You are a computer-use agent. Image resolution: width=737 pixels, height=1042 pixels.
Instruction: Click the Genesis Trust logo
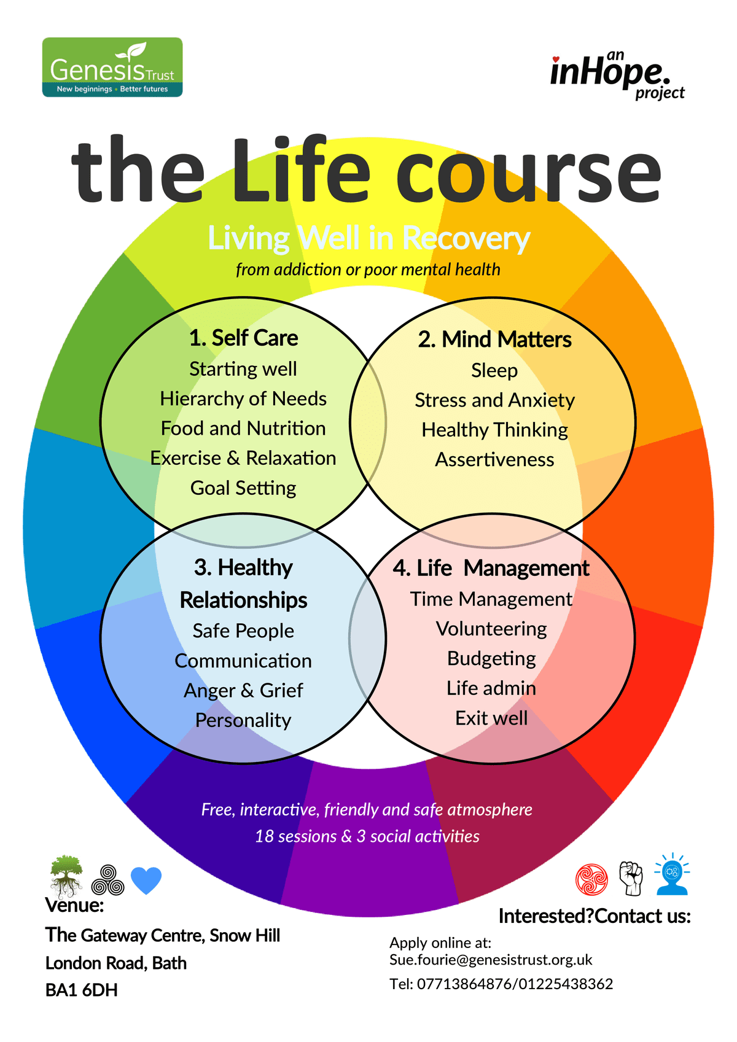coord(112,68)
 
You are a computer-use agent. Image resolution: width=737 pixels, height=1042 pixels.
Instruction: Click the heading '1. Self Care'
coord(243,338)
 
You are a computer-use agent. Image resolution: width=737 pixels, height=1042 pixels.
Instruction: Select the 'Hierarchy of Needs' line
coord(243,399)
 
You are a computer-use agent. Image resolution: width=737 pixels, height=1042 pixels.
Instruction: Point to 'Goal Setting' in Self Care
coord(243,488)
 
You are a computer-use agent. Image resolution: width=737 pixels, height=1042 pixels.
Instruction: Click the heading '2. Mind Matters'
coord(494,340)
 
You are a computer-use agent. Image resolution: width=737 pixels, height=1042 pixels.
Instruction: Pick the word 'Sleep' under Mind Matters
coord(494,371)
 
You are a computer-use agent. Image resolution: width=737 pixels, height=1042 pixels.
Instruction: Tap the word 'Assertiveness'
coord(494,460)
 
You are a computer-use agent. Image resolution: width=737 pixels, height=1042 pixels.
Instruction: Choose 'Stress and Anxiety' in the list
coord(494,400)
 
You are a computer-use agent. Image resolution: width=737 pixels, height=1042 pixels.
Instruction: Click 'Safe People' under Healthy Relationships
coord(243,631)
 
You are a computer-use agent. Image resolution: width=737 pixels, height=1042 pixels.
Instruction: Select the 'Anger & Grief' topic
coord(243,691)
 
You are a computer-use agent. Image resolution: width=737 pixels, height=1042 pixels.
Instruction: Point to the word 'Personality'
coord(243,720)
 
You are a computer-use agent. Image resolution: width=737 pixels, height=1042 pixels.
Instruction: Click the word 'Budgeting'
coord(491,659)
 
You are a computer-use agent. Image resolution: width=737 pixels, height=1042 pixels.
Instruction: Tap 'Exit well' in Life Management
coord(491,718)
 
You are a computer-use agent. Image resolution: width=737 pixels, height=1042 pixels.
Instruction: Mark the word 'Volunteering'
coord(491,629)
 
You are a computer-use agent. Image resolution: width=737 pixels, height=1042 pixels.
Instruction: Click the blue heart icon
coord(146,880)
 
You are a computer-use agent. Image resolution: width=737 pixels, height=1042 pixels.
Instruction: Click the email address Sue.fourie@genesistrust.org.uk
coord(491,960)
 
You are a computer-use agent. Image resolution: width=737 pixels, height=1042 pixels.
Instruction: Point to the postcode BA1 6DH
coord(81,990)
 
